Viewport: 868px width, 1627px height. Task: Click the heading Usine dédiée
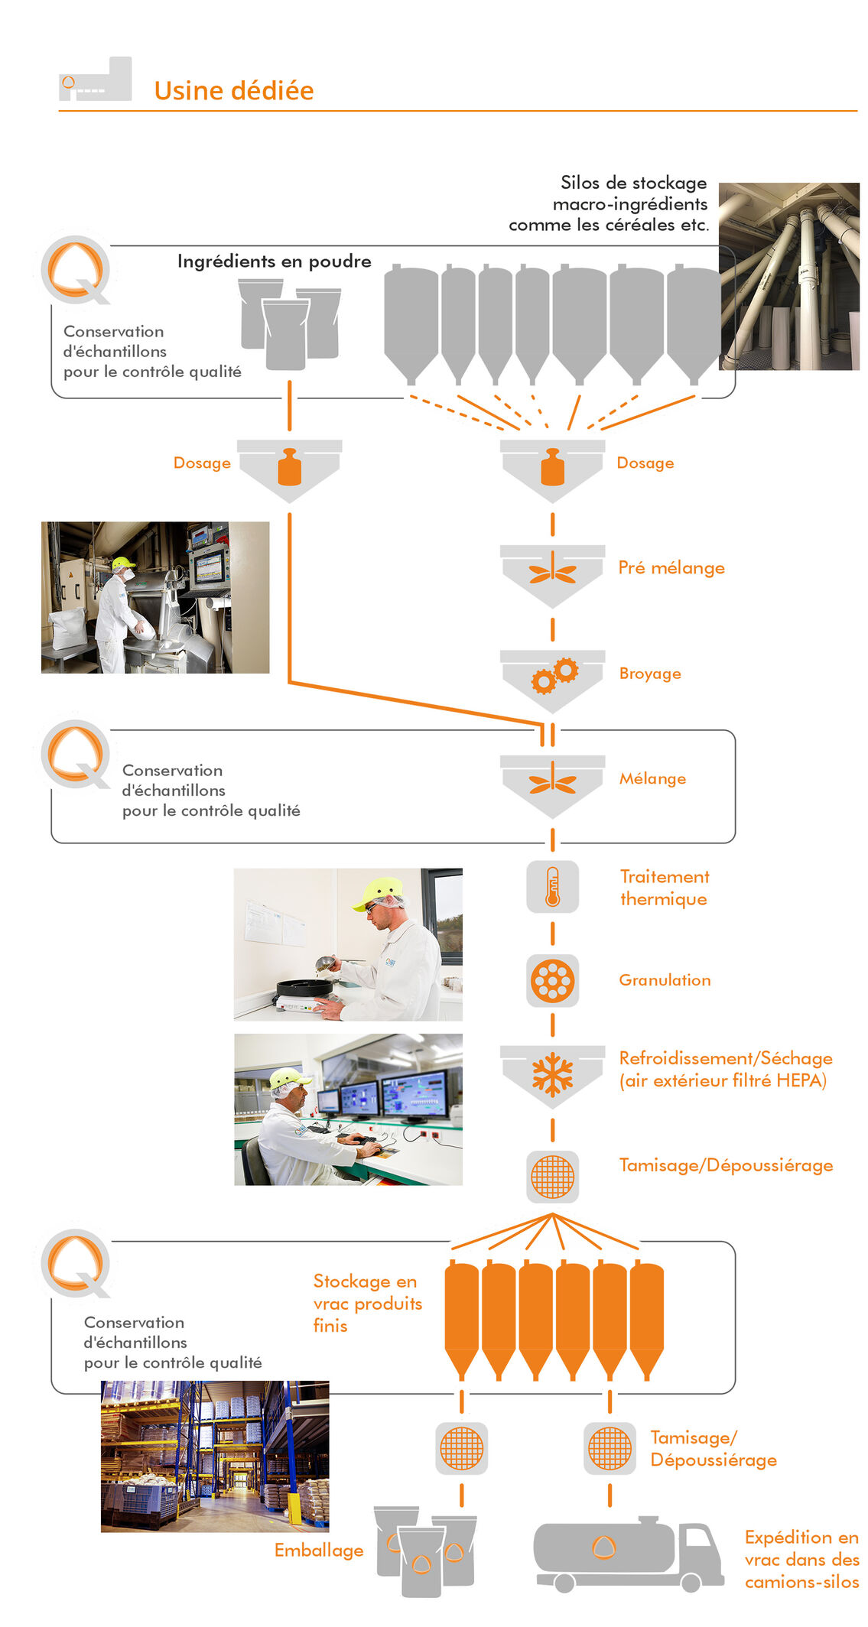point(233,90)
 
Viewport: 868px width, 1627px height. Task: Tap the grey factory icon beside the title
point(96,80)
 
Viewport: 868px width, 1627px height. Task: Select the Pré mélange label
point(671,568)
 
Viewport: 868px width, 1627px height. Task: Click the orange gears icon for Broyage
point(554,675)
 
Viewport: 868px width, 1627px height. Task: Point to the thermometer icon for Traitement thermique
point(552,886)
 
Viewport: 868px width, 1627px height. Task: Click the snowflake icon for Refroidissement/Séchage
point(552,1073)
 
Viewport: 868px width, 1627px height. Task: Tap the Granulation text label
point(664,980)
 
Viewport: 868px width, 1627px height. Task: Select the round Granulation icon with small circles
point(552,980)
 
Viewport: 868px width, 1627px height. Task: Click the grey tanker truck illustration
point(627,1554)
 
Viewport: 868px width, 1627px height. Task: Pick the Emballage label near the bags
point(319,1551)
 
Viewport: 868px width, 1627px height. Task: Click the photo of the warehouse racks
point(215,1456)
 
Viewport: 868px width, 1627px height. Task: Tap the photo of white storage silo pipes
point(789,276)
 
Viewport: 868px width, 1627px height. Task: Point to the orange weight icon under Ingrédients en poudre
point(289,467)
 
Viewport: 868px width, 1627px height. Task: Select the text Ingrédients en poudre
point(274,261)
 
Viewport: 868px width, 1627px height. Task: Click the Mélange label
point(652,779)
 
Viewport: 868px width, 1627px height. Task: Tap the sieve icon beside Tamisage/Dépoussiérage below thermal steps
point(552,1177)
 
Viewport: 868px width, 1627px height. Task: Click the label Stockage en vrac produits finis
point(366,1303)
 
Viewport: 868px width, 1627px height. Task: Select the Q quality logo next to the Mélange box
point(75,754)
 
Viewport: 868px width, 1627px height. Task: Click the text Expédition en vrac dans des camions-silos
point(801,1559)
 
